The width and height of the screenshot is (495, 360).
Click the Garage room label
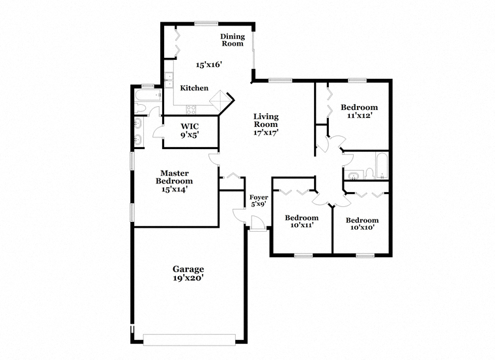point(188,270)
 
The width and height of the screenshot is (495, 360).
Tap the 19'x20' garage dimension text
point(188,278)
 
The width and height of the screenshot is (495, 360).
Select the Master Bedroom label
point(175,177)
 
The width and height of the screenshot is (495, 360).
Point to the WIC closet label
point(190,126)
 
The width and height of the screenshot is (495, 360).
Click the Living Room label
point(266,120)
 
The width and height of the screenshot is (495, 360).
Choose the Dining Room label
point(233,40)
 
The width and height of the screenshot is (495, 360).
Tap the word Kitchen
point(194,88)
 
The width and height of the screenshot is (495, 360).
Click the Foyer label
point(259,197)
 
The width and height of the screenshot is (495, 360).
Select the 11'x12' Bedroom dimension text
point(358,115)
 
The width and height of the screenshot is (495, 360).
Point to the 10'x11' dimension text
point(302,225)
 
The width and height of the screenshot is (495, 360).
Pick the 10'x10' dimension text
point(362,227)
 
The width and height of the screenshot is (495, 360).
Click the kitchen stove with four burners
point(191,109)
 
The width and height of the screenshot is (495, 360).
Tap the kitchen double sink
point(169,80)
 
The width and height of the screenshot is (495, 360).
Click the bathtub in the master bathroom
point(148,95)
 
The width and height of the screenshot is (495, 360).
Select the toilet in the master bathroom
point(139,108)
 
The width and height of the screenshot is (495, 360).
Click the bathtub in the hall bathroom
point(382,165)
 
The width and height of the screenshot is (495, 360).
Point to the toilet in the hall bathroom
point(369,173)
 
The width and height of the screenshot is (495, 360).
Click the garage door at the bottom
point(190,339)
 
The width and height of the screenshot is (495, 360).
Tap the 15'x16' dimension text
point(208,65)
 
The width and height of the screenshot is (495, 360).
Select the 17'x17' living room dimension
point(266,133)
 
